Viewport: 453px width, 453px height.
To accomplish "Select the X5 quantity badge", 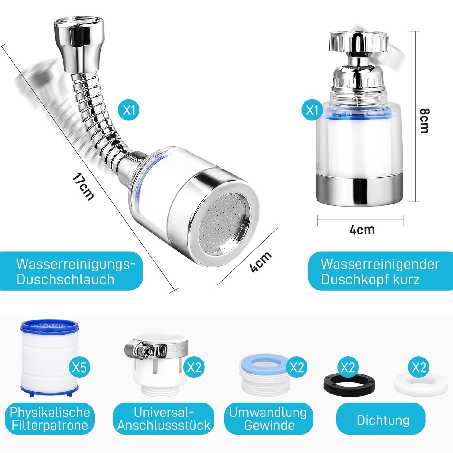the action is click(79, 367).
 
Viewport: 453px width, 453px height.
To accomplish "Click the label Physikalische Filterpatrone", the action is click(50, 419).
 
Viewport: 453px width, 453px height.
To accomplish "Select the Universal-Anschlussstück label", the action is click(164, 419).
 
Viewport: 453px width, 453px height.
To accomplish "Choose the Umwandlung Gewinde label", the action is click(268, 419).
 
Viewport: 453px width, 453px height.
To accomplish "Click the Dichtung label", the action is click(383, 420).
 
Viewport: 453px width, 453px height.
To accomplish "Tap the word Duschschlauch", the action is click(66, 279).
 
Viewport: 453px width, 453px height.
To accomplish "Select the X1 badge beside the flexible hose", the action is click(129, 110).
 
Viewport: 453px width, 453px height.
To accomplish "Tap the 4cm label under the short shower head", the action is click(362, 230).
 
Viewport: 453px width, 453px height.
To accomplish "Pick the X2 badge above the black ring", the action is click(347, 367).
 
